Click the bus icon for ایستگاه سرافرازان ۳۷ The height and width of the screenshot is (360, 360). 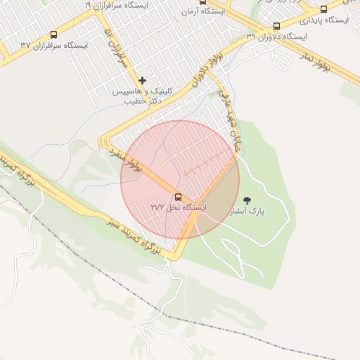54,34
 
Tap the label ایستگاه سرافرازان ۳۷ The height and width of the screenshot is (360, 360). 54,46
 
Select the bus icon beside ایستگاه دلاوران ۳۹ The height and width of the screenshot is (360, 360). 276,26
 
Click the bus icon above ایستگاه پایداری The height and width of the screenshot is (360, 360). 323,9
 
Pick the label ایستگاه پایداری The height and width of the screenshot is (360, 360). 324,20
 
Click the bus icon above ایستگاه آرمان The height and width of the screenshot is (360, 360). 202,2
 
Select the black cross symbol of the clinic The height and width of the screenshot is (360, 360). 143,80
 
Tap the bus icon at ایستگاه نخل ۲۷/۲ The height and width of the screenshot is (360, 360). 177,196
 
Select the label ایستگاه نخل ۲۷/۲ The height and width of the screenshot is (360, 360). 179,207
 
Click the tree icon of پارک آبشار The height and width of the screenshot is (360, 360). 245,200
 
